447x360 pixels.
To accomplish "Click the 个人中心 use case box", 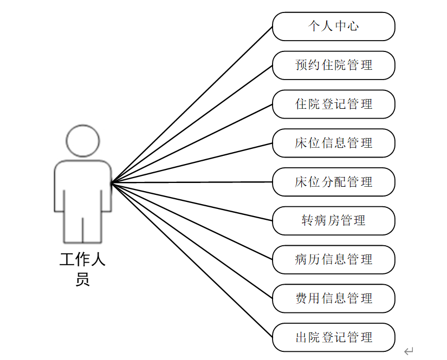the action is [x=333, y=27].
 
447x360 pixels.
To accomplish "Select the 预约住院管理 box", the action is [x=333, y=66].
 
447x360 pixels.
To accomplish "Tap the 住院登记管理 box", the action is [x=333, y=104].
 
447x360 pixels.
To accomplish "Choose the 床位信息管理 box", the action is [x=333, y=143].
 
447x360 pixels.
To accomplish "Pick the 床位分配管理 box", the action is [x=333, y=182].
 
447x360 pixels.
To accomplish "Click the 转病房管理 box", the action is [x=333, y=221].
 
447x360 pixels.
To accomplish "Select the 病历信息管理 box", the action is [x=333, y=259].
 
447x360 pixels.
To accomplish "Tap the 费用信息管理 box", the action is [x=333, y=298].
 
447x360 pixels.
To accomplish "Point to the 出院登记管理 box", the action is [x=333, y=337].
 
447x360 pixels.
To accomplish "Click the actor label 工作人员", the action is [x=82, y=270].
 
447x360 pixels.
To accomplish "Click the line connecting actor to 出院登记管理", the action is [x=192, y=260].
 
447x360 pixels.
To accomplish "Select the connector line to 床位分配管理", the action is [x=192, y=182].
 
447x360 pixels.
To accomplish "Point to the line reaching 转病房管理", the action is [x=192, y=202].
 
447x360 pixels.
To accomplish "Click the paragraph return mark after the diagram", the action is [x=409, y=351].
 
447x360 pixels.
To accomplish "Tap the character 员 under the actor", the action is [x=82, y=279].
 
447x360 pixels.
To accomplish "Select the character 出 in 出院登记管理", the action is [x=301, y=337].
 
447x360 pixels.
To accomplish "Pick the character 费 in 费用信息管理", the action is [x=301, y=298].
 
